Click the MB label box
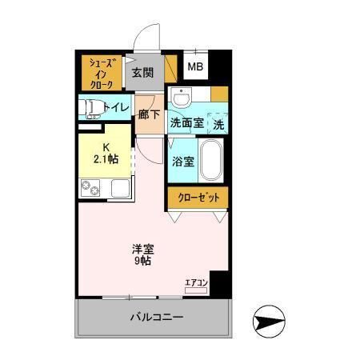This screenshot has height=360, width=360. click(x=195, y=68)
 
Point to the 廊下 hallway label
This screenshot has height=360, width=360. click(x=149, y=114)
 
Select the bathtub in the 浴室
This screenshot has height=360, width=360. click(x=210, y=160)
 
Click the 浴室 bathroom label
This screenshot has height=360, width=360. click(x=182, y=161)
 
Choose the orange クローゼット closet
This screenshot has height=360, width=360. click(x=198, y=197)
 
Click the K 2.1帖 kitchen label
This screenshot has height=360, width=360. click(x=106, y=153)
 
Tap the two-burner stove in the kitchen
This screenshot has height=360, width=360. click(x=91, y=190)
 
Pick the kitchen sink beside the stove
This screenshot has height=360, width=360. click(x=121, y=190)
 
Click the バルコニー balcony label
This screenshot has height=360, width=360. click(x=157, y=318)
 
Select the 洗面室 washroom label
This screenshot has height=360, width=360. click(x=185, y=123)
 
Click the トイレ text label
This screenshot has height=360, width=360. click(x=117, y=108)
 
